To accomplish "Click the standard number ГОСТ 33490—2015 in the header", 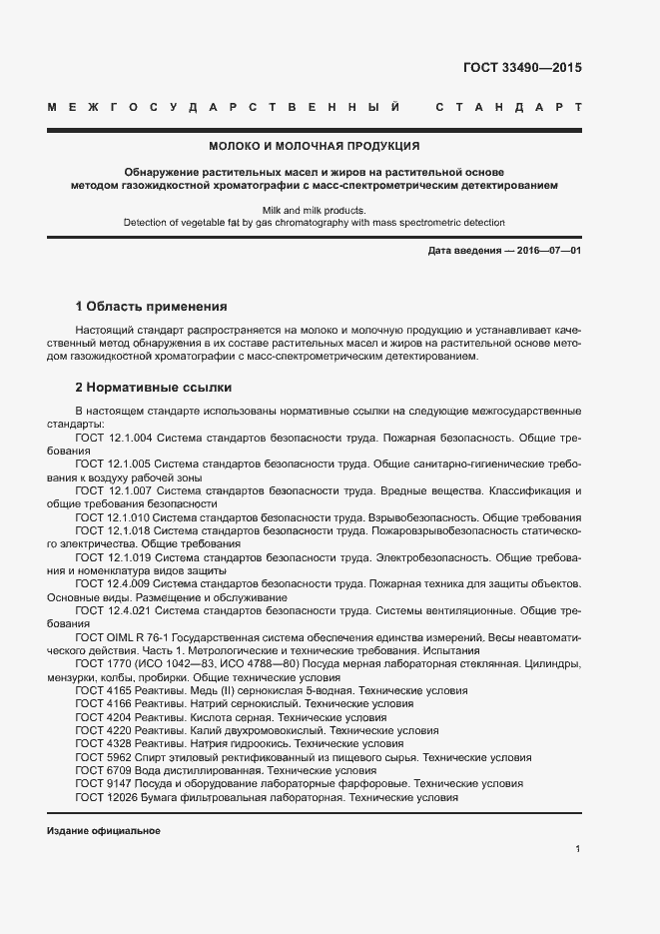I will click(521, 69).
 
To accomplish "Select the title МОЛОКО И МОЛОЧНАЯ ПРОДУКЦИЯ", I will click(315, 146).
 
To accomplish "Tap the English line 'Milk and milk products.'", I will click(315, 210).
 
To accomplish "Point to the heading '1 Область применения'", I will click(152, 307).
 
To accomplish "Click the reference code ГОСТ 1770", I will click(100, 663).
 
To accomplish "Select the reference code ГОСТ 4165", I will click(100, 690).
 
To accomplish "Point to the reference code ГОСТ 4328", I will click(100, 744).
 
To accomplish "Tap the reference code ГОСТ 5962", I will click(100, 757).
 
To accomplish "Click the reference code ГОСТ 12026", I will click(103, 797).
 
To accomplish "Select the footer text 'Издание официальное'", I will click(104, 830).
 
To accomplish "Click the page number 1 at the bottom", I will click(578, 849).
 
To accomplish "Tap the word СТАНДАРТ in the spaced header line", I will click(508, 107).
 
